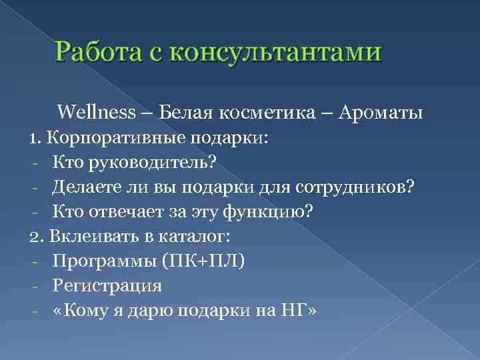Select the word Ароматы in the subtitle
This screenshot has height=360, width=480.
tap(381, 112)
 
